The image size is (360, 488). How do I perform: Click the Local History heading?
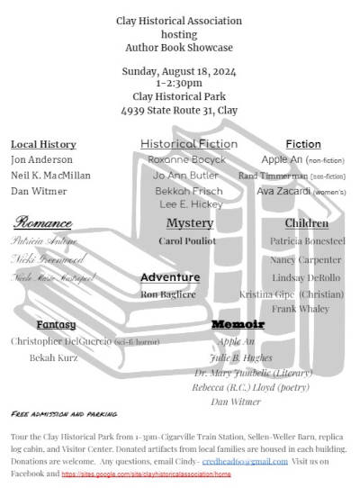[43, 144]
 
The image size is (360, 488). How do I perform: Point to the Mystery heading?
[190, 223]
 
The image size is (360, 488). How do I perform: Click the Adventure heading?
[170, 277]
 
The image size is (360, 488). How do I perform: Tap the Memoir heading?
[238, 323]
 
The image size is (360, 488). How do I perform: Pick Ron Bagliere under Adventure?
[169, 294]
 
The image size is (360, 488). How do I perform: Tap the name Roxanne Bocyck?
[187, 159]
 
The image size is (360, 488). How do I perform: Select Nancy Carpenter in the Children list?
[305, 259]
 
